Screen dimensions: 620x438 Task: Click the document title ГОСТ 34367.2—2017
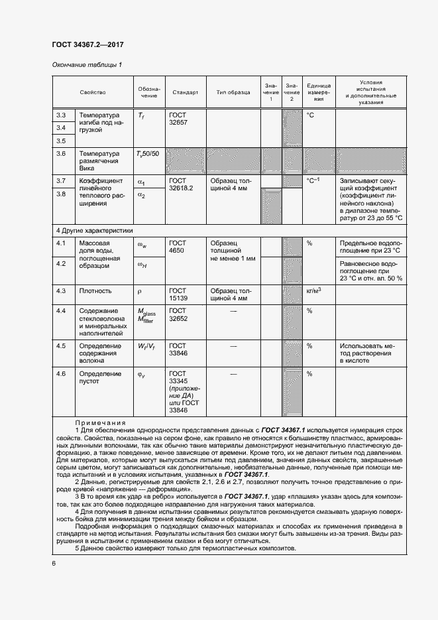87,45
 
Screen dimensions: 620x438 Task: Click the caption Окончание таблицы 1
87,65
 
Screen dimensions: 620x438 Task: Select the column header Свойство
93,92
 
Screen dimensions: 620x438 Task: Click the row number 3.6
61,154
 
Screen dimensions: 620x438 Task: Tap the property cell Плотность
95,291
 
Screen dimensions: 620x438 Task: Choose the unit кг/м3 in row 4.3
314,290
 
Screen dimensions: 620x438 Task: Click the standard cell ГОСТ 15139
178,295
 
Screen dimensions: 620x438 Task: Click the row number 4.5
61,346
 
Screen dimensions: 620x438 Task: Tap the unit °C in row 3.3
310,115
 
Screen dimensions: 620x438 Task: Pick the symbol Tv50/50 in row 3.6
148,154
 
